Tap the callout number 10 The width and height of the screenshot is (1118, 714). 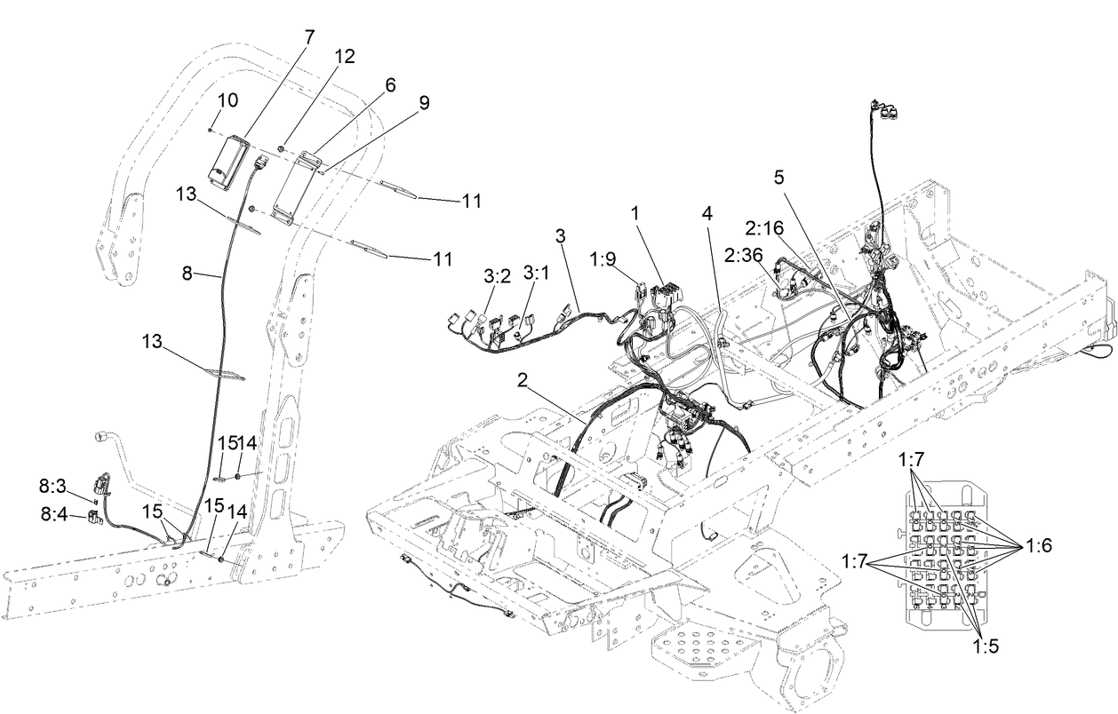228,100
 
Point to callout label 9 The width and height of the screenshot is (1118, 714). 424,103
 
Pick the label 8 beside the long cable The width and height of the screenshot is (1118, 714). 187,274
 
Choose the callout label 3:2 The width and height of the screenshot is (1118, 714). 496,276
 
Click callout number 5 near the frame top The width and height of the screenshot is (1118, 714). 779,177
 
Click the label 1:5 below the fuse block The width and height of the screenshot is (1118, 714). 986,647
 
